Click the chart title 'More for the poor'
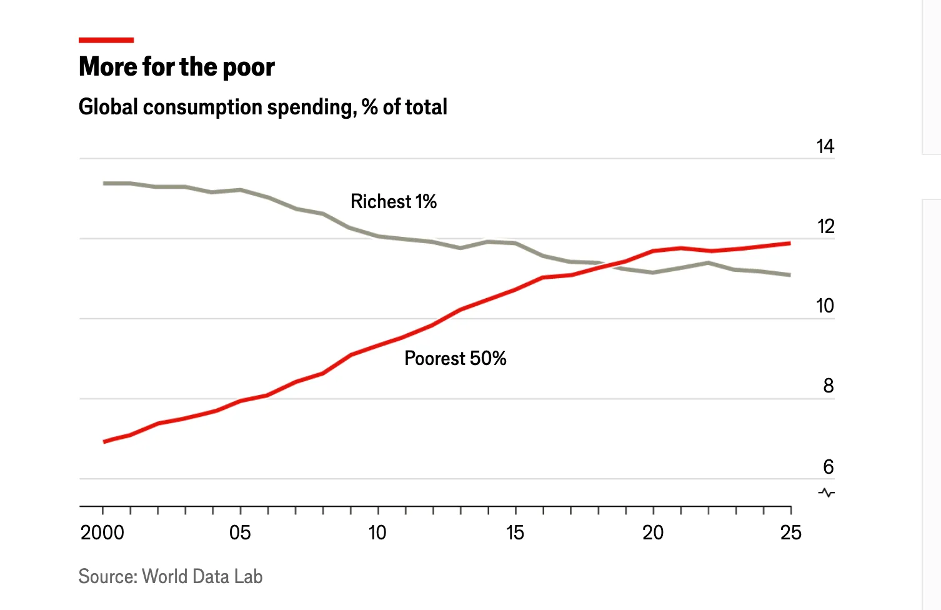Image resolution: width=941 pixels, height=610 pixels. pyautogui.click(x=177, y=67)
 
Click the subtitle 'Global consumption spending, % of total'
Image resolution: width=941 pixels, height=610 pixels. pyautogui.click(x=262, y=107)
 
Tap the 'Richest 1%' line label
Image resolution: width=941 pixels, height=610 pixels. pyautogui.click(x=394, y=201)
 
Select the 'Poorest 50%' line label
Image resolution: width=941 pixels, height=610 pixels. pyautogui.click(x=455, y=358)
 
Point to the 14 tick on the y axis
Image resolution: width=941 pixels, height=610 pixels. pyautogui.click(x=825, y=146)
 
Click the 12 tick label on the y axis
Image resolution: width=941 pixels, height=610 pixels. pyautogui.click(x=825, y=226)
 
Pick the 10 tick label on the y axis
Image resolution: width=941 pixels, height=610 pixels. pyautogui.click(x=825, y=306)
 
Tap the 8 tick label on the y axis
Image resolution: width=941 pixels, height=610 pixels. pyautogui.click(x=828, y=386)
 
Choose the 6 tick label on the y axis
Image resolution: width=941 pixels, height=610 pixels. pyautogui.click(x=828, y=466)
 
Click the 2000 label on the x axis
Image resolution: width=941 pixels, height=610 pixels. pyautogui.click(x=102, y=532)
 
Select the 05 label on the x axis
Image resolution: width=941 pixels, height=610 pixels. pyautogui.click(x=240, y=532)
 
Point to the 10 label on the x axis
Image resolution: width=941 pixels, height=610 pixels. pyautogui.click(x=377, y=532)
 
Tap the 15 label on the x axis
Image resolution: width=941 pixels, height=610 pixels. pyautogui.click(x=515, y=532)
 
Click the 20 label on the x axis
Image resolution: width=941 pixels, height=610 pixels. pyautogui.click(x=653, y=532)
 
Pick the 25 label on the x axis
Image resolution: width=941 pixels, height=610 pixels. pyautogui.click(x=790, y=532)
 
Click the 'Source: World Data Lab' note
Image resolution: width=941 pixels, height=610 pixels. pyautogui.click(x=170, y=576)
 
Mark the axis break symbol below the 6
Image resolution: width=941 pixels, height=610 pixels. pyautogui.click(x=827, y=492)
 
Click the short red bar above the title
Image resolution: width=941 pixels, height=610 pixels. pyautogui.click(x=106, y=41)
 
